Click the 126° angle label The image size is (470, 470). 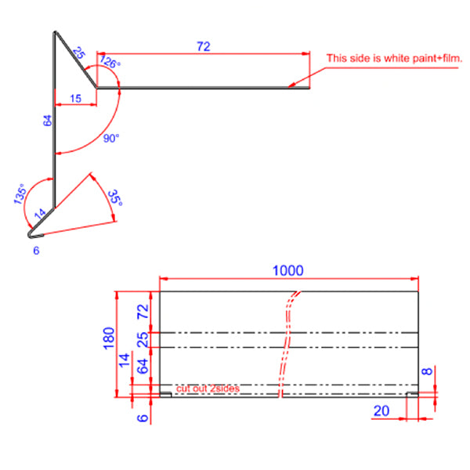coord(110,63)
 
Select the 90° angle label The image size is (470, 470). coord(111,139)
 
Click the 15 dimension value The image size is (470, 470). coord(75,98)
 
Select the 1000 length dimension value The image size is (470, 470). coord(287,270)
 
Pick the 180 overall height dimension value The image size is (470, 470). coord(109,337)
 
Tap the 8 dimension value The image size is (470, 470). coord(426,372)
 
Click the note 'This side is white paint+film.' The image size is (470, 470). coord(389,58)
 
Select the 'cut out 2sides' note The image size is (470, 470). coord(208,389)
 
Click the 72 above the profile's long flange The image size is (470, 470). coord(203,47)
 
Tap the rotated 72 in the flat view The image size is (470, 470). coord(143,311)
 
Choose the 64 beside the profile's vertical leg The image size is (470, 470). coord(47,121)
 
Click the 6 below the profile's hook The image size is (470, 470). coord(36,250)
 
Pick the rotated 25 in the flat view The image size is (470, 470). coord(143,340)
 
